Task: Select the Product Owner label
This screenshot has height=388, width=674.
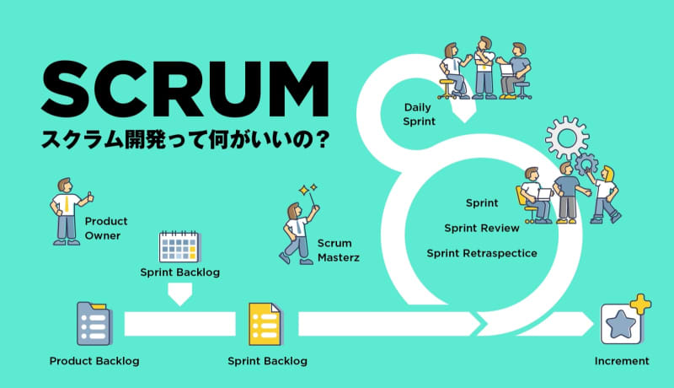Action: tap(105, 228)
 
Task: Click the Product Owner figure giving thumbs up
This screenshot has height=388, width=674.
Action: tap(67, 211)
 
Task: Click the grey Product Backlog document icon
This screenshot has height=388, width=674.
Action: tap(93, 323)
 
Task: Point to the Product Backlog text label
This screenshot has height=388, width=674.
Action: tap(94, 361)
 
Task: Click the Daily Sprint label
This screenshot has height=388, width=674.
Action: tap(420, 115)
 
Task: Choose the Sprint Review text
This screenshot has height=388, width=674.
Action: tap(482, 228)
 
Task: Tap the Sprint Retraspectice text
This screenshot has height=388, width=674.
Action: tap(482, 252)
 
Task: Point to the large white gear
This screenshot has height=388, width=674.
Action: tap(567, 136)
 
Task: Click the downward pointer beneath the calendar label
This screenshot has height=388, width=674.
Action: tap(180, 294)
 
